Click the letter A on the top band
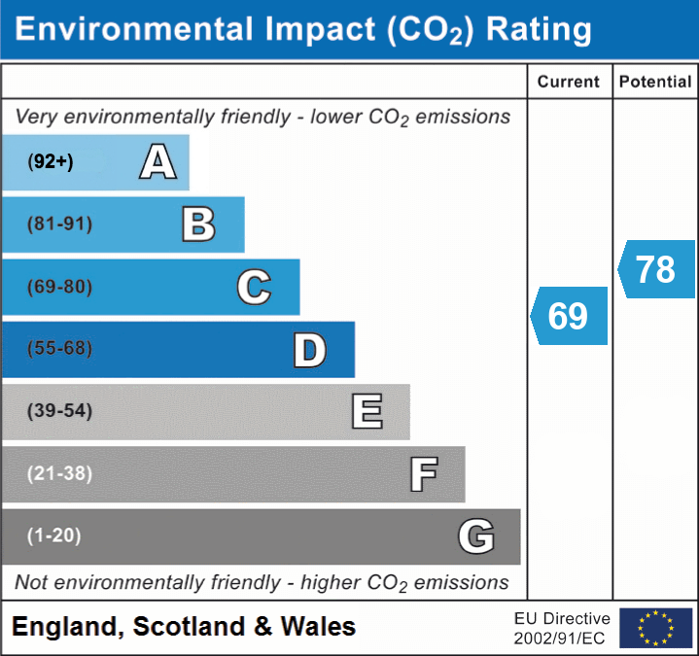(157, 162)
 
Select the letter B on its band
(198, 224)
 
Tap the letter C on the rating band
(254, 287)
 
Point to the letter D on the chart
(309, 350)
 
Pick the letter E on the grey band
(366, 412)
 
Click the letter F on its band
(422, 474)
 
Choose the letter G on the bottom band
(476, 536)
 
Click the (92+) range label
(51, 162)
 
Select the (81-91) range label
(59, 224)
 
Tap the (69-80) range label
(59, 287)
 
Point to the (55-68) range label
(59, 349)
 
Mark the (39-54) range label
(59, 411)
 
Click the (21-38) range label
(59, 473)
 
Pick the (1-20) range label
(54, 535)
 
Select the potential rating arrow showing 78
(656, 269)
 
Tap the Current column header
(569, 83)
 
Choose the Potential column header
(655, 83)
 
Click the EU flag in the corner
(655, 628)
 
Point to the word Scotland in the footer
(188, 627)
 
